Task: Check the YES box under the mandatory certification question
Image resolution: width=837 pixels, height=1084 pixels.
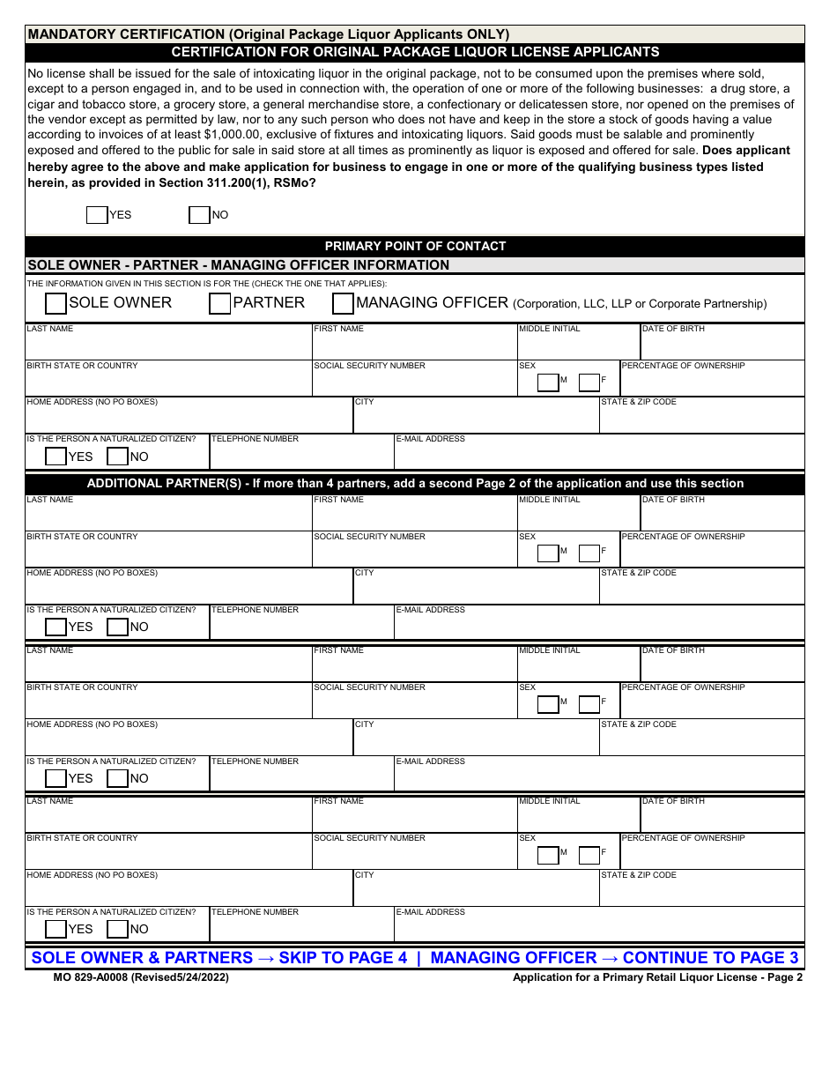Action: (x=97, y=215)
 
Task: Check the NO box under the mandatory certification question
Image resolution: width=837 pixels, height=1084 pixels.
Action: (x=199, y=215)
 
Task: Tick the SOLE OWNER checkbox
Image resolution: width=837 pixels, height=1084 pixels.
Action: (x=56, y=303)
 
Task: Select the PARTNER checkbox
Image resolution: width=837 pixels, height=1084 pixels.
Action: (x=219, y=303)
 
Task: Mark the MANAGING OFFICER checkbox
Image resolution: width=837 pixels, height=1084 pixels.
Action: (x=343, y=303)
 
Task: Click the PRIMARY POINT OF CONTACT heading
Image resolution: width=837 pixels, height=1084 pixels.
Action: (x=415, y=246)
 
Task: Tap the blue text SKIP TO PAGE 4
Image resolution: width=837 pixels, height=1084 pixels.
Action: (x=343, y=958)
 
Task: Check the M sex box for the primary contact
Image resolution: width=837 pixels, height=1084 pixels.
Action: (x=548, y=382)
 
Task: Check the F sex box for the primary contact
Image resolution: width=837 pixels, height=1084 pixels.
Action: (x=589, y=382)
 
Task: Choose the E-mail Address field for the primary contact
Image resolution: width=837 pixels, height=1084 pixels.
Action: (x=598, y=457)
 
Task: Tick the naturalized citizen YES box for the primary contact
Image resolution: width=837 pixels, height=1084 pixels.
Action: (x=56, y=457)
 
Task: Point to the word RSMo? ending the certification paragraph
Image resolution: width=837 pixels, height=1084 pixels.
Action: (x=296, y=182)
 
